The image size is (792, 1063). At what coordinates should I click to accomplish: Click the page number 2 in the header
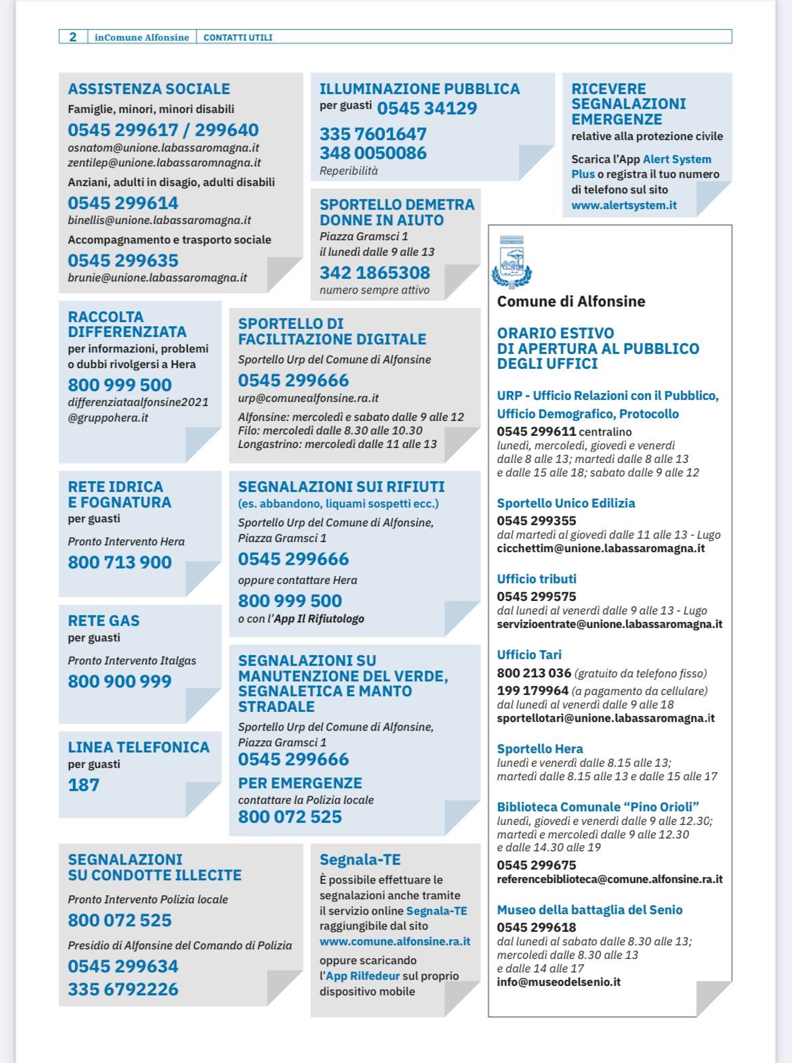[x=73, y=37]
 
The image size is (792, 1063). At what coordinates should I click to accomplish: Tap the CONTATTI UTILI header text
[x=238, y=38]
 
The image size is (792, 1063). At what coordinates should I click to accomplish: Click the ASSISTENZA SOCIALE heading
[x=149, y=89]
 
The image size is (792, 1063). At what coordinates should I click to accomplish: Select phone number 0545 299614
[x=123, y=203]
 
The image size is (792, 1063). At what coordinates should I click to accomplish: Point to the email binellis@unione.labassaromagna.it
[x=159, y=220]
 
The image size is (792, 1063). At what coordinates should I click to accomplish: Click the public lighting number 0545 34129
[x=427, y=108]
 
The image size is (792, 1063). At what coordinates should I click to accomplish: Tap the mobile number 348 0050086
[x=373, y=153]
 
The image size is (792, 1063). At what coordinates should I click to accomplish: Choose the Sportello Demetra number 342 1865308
[x=374, y=273]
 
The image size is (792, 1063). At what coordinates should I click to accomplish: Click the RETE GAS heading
[x=104, y=620]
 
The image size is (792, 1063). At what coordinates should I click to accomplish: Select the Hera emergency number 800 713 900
[x=120, y=562]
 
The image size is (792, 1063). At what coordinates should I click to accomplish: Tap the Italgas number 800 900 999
[x=120, y=681]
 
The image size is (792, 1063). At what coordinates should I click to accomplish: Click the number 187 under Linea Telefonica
[x=83, y=785]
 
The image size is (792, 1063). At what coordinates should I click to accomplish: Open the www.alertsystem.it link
[x=623, y=205]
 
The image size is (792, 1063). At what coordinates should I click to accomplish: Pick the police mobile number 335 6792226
[x=123, y=989]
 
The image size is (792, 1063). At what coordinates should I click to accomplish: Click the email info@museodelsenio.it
[x=558, y=982]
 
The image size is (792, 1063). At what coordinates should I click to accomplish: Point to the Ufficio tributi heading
[x=536, y=579]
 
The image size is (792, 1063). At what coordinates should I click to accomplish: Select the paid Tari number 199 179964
[x=533, y=691]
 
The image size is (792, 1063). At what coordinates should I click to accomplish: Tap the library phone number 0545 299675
[x=536, y=865]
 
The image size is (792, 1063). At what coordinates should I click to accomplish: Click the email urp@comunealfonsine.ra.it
[x=308, y=398]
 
